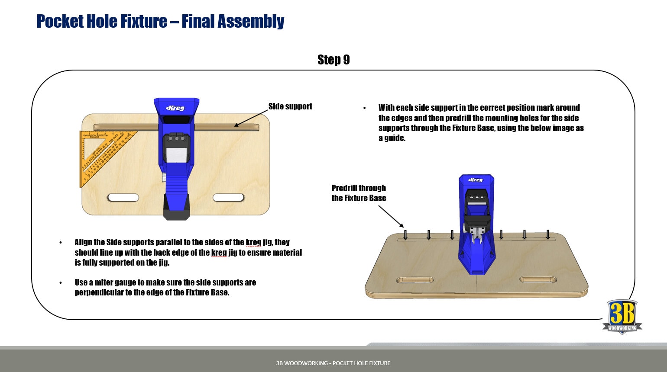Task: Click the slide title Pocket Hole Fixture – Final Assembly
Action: click(x=160, y=21)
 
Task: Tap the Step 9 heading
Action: click(x=333, y=60)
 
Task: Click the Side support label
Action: click(x=290, y=106)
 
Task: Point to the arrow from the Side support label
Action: click(x=251, y=118)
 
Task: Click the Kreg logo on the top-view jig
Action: click(x=175, y=108)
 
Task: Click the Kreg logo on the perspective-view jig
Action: click(x=476, y=180)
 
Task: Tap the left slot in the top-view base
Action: click(x=123, y=198)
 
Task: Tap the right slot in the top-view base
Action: click(x=229, y=198)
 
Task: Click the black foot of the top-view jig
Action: click(x=176, y=208)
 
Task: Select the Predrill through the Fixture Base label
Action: click(x=359, y=193)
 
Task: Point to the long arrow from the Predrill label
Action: click(x=391, y=216)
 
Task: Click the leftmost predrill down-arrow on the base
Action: click(x=405, y=234)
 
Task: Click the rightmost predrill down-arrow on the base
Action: click(x=548, y=234)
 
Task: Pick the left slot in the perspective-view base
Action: click(x=414, y=280)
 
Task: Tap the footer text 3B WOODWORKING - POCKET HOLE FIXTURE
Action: click(x=333, y=363)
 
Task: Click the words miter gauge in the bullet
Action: click(x=115, y=282)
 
